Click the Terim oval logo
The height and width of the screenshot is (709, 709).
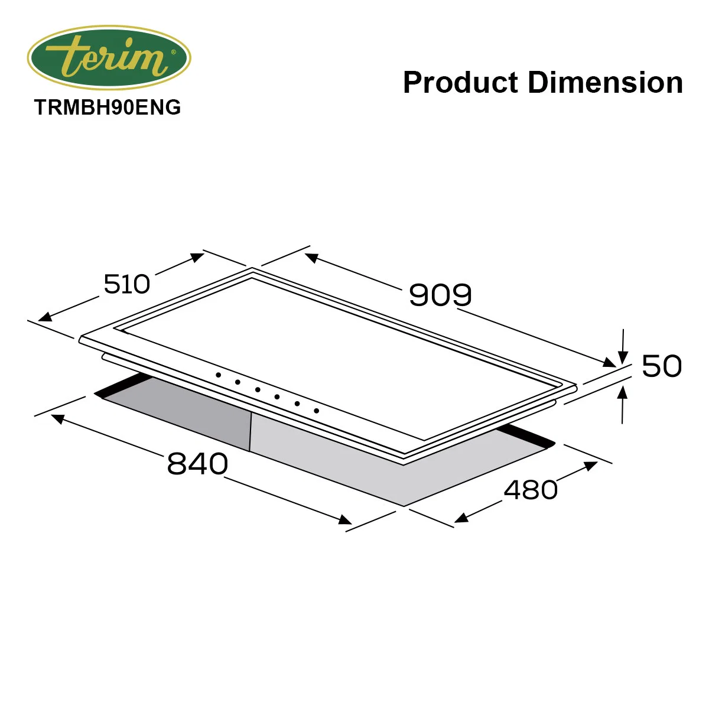click(109, 58)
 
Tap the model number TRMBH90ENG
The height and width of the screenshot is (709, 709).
click(108, 108)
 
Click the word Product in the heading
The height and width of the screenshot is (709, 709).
click(461, 83)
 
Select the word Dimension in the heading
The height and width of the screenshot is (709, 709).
click(605, 83)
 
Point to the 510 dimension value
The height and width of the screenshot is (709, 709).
click(127, 284)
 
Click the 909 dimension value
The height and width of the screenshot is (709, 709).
click(440, 295)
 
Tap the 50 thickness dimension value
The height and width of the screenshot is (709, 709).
click(662, 366)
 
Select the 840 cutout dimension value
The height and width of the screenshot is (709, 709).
click(197, 464)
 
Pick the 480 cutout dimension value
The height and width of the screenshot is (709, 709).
click(531, 490)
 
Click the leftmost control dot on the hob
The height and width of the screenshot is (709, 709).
click(218, 375)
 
